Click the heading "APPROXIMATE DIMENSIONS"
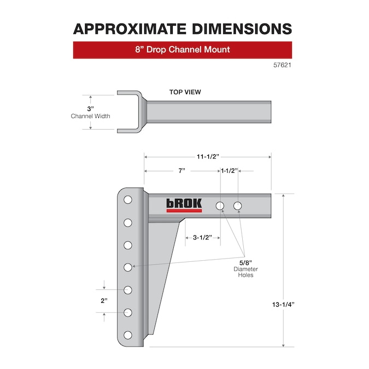pyautogui.click(x=182, y=28)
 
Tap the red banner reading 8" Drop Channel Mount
pyautogui.click(x=182, y=50)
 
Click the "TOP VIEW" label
pyautogui.click(x=185, y=92)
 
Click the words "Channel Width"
pyautogui.click(x=91, y=116)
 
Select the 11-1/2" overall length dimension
pyautogui.click(x=207, y=156)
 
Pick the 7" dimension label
pyautogui.click(x=181, y=171)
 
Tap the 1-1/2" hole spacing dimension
pyautogui.click(x=229, y=171)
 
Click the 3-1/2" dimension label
pyautogui.click(x=203, y=238)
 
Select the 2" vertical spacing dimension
pyautogui.click(x=104, y=301)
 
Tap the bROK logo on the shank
pyautogui.click(x=184, y=205)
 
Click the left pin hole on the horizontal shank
pyautogui.click(x=220, y=206)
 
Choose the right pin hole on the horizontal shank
pyautogui.click(x=238, y=206)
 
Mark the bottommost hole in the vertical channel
pyautogui.click(x=127, y=335)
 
